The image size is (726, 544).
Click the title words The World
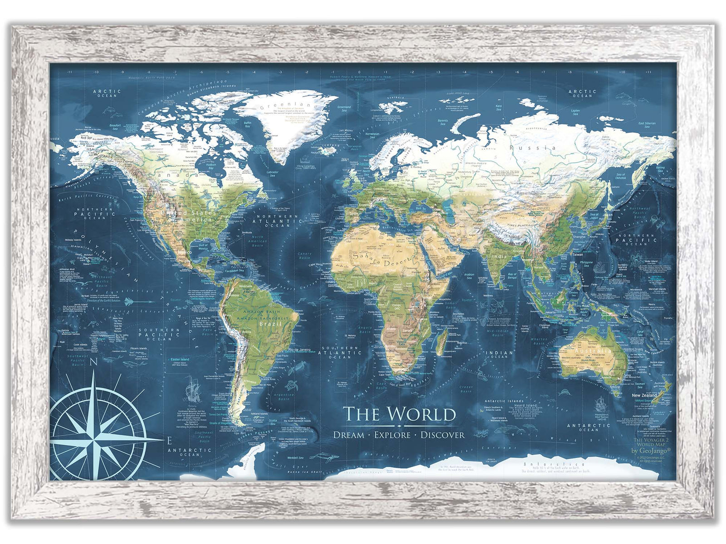point(399,414)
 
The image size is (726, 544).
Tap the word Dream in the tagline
point(348,435)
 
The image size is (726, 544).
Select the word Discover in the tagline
point(442,435)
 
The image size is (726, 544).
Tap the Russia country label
point(532,148)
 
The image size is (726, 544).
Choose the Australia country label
point(592,351)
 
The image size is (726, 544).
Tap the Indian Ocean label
point(499,354)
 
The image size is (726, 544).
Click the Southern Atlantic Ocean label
point(341,352)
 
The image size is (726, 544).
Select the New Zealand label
point(644,395)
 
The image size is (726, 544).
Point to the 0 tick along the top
point(359,72)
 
